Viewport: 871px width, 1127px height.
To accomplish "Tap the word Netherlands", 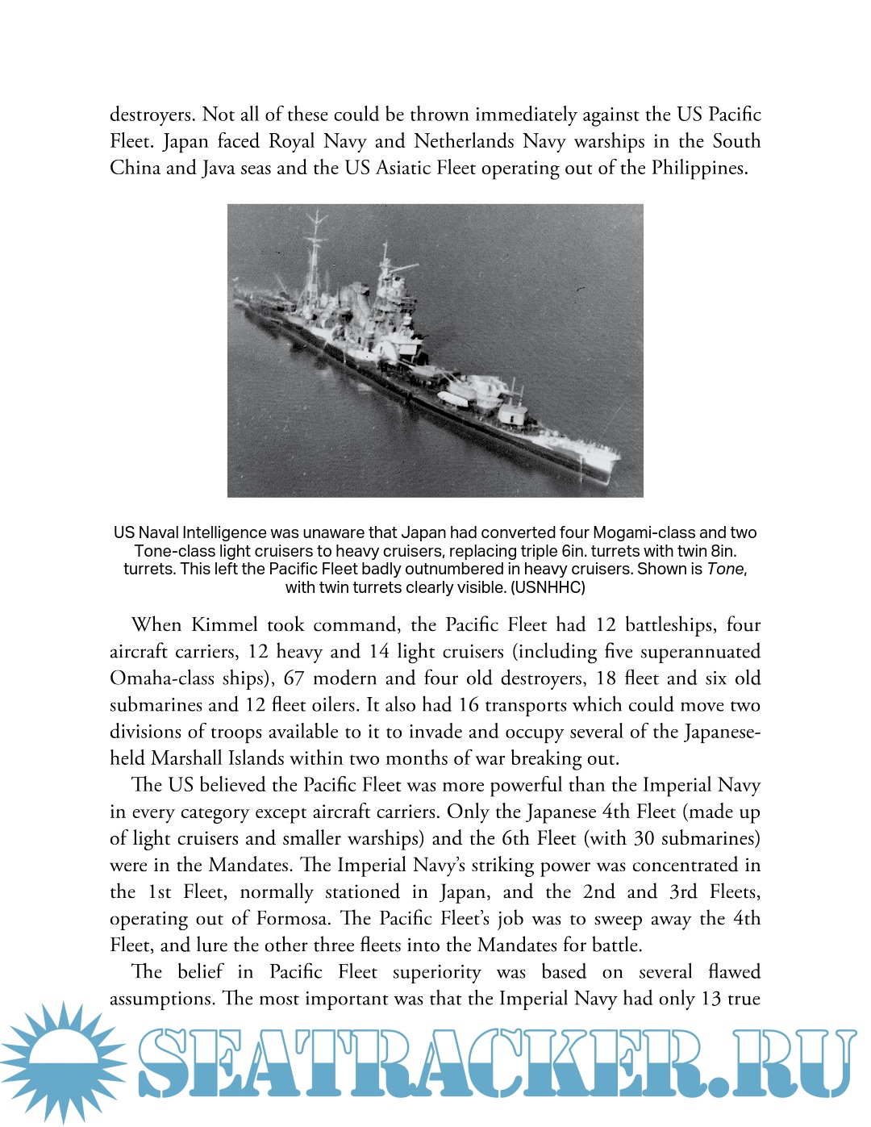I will (x=464, y=141).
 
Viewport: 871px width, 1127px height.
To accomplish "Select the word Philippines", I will (x=698, y=168).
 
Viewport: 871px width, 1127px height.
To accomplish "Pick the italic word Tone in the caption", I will (x=726, y=569).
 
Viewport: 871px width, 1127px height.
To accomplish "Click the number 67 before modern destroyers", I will (x=294, y=678).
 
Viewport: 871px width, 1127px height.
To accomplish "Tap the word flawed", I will (x=734, y=972).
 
